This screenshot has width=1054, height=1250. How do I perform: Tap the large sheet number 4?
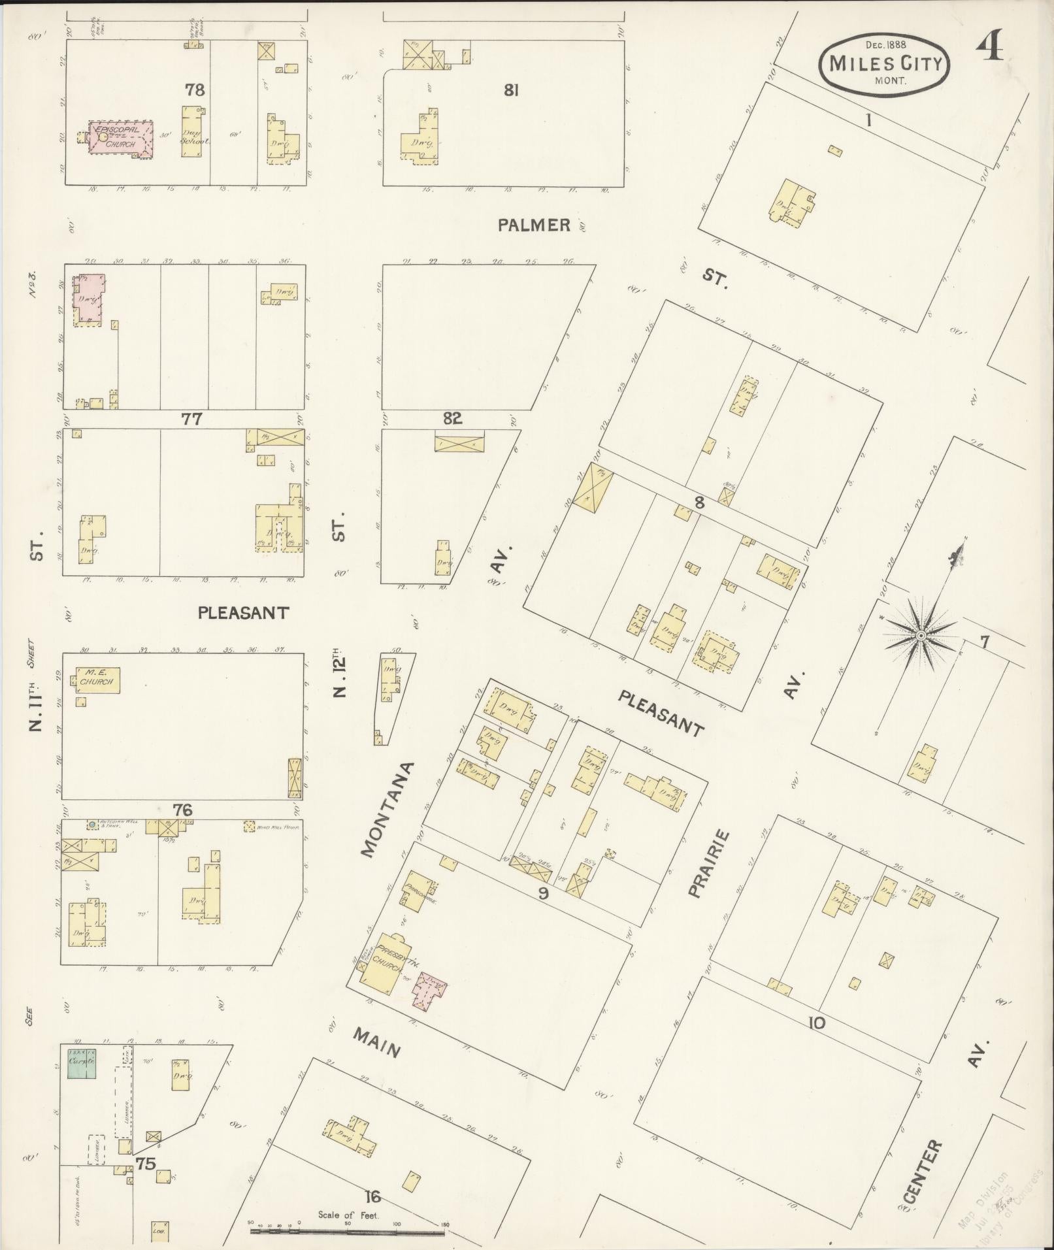989,45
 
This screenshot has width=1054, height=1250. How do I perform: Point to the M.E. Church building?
97,680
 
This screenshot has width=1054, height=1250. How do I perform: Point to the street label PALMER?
534,225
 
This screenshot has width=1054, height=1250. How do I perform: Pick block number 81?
511,90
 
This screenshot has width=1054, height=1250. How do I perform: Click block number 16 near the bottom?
372,1197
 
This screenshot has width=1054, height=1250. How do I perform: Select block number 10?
817,1023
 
